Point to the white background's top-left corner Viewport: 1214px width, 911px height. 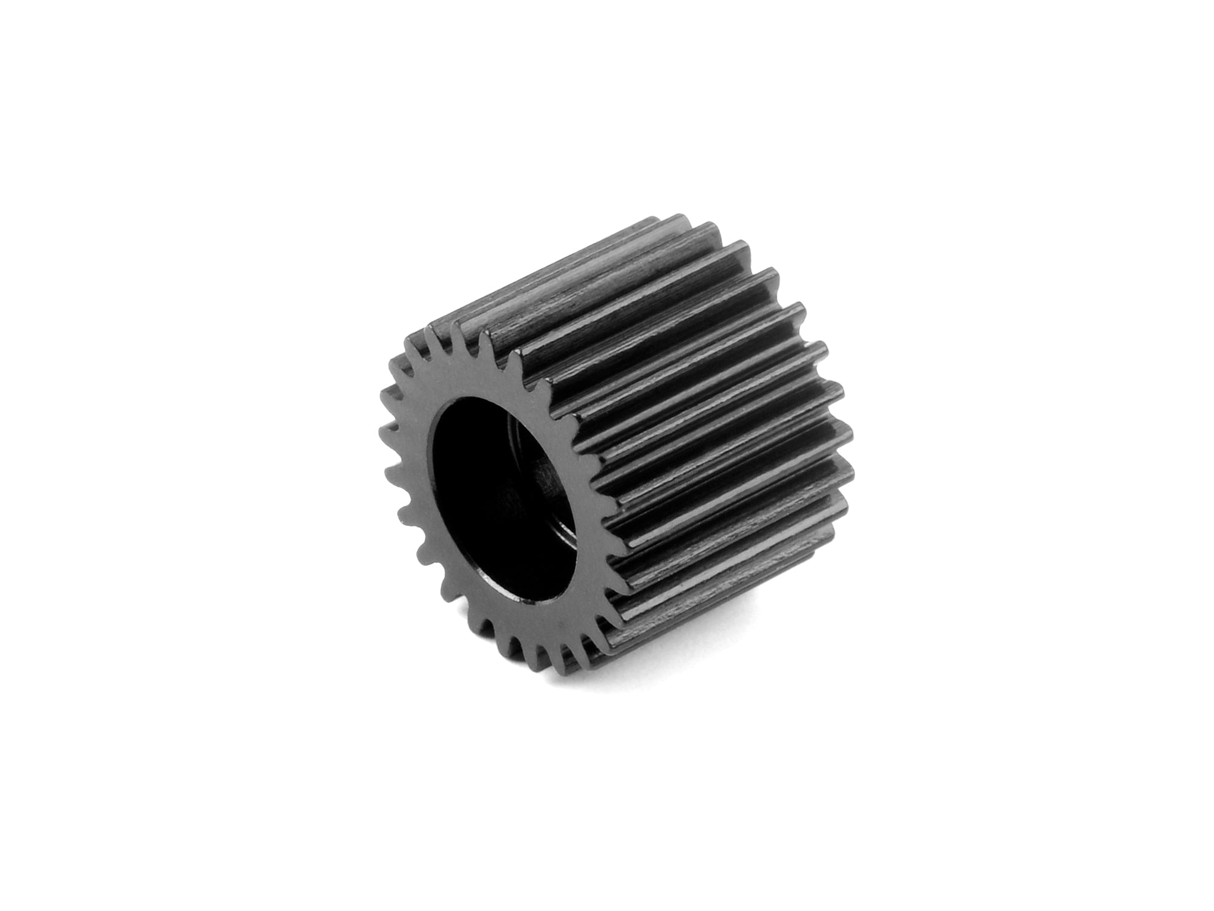click(x=3, y=3)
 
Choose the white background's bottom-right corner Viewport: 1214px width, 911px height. click(x=1210, y=907)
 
